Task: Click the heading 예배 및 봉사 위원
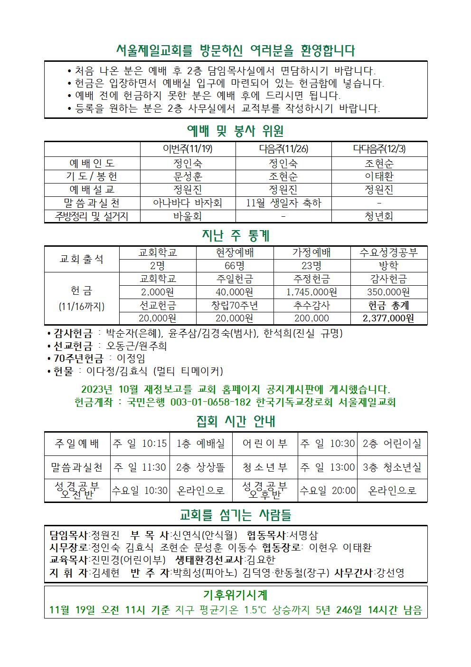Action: click(x=235, y=130)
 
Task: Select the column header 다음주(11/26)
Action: click(x=283, y=149)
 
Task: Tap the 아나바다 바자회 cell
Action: click(x=188, y=203)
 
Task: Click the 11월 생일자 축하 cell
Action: click(x=283, y=203)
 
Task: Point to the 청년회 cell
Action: click(x=379, y=216)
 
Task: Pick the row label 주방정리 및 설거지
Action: click(x=92, y=216)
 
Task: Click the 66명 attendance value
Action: click(x=235, y=266)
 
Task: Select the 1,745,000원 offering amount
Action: click(x=311, y=292)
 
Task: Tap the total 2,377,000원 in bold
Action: click(x=388, y=318)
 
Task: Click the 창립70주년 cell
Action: click(x=235, y=305)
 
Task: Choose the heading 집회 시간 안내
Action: click(x=235, y=422)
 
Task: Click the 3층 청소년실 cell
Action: click(x=392, y=467)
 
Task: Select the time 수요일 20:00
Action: click(x=328, y=491)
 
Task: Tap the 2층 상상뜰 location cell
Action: click(x=200, y=467)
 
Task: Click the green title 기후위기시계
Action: click(x=235, y=595)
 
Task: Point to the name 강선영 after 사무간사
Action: click(x=390, y=573)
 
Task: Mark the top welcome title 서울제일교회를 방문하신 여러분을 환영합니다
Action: click(x=235, y=50)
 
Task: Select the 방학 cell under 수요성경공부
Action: click(x=388, y=266)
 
